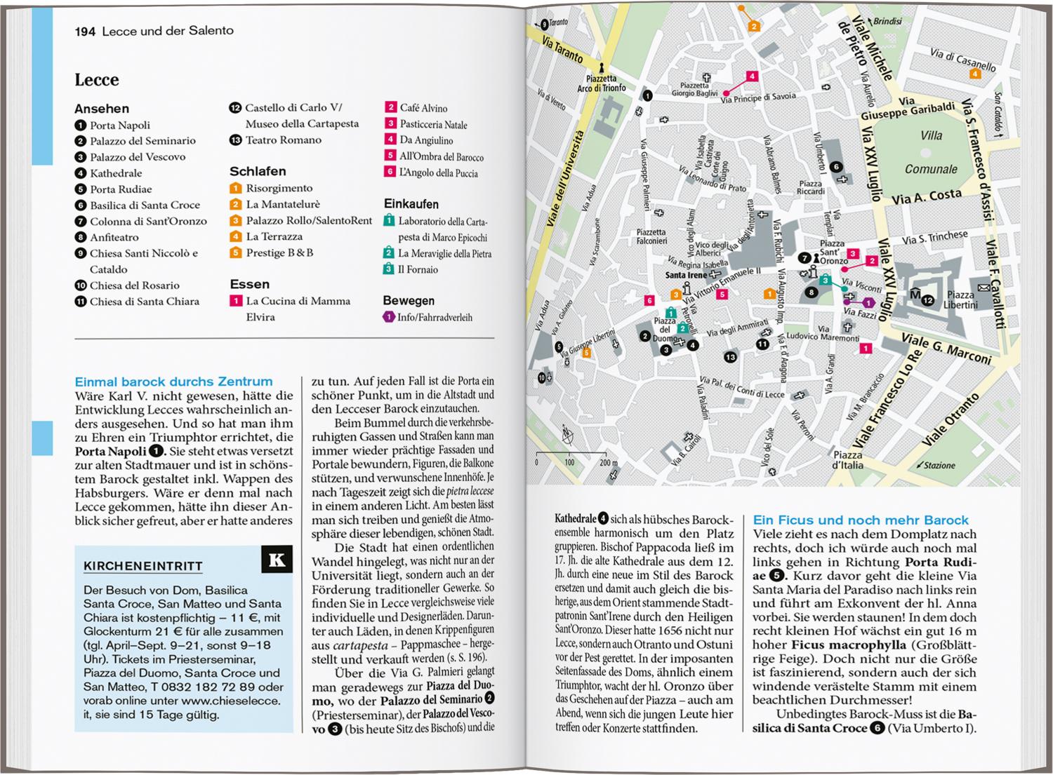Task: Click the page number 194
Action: click(85, 31)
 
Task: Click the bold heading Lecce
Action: click(97, 80)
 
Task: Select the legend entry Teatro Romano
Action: click(283, 140)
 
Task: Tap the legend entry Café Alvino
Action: click(423, 108)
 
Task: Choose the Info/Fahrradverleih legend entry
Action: click(434, 318)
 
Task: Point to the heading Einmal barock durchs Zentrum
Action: click(173, 382)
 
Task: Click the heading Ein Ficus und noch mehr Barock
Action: click(860, 520)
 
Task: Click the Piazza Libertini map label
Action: click(960, 300)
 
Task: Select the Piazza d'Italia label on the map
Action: click(847, 460)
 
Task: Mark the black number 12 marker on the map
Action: click(928, 301)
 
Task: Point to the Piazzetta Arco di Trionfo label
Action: click(601, 83)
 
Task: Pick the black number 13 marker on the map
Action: click(730, 357)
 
